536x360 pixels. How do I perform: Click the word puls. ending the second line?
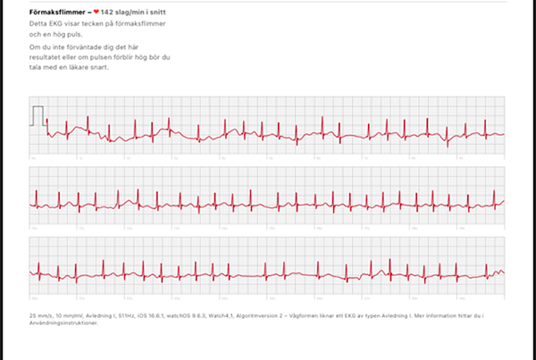[78, 34]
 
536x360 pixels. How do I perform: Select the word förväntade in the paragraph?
[84, 46]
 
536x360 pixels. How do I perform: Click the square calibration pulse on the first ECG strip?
[38, 116]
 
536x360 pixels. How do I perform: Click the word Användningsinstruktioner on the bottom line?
[67, 322]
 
